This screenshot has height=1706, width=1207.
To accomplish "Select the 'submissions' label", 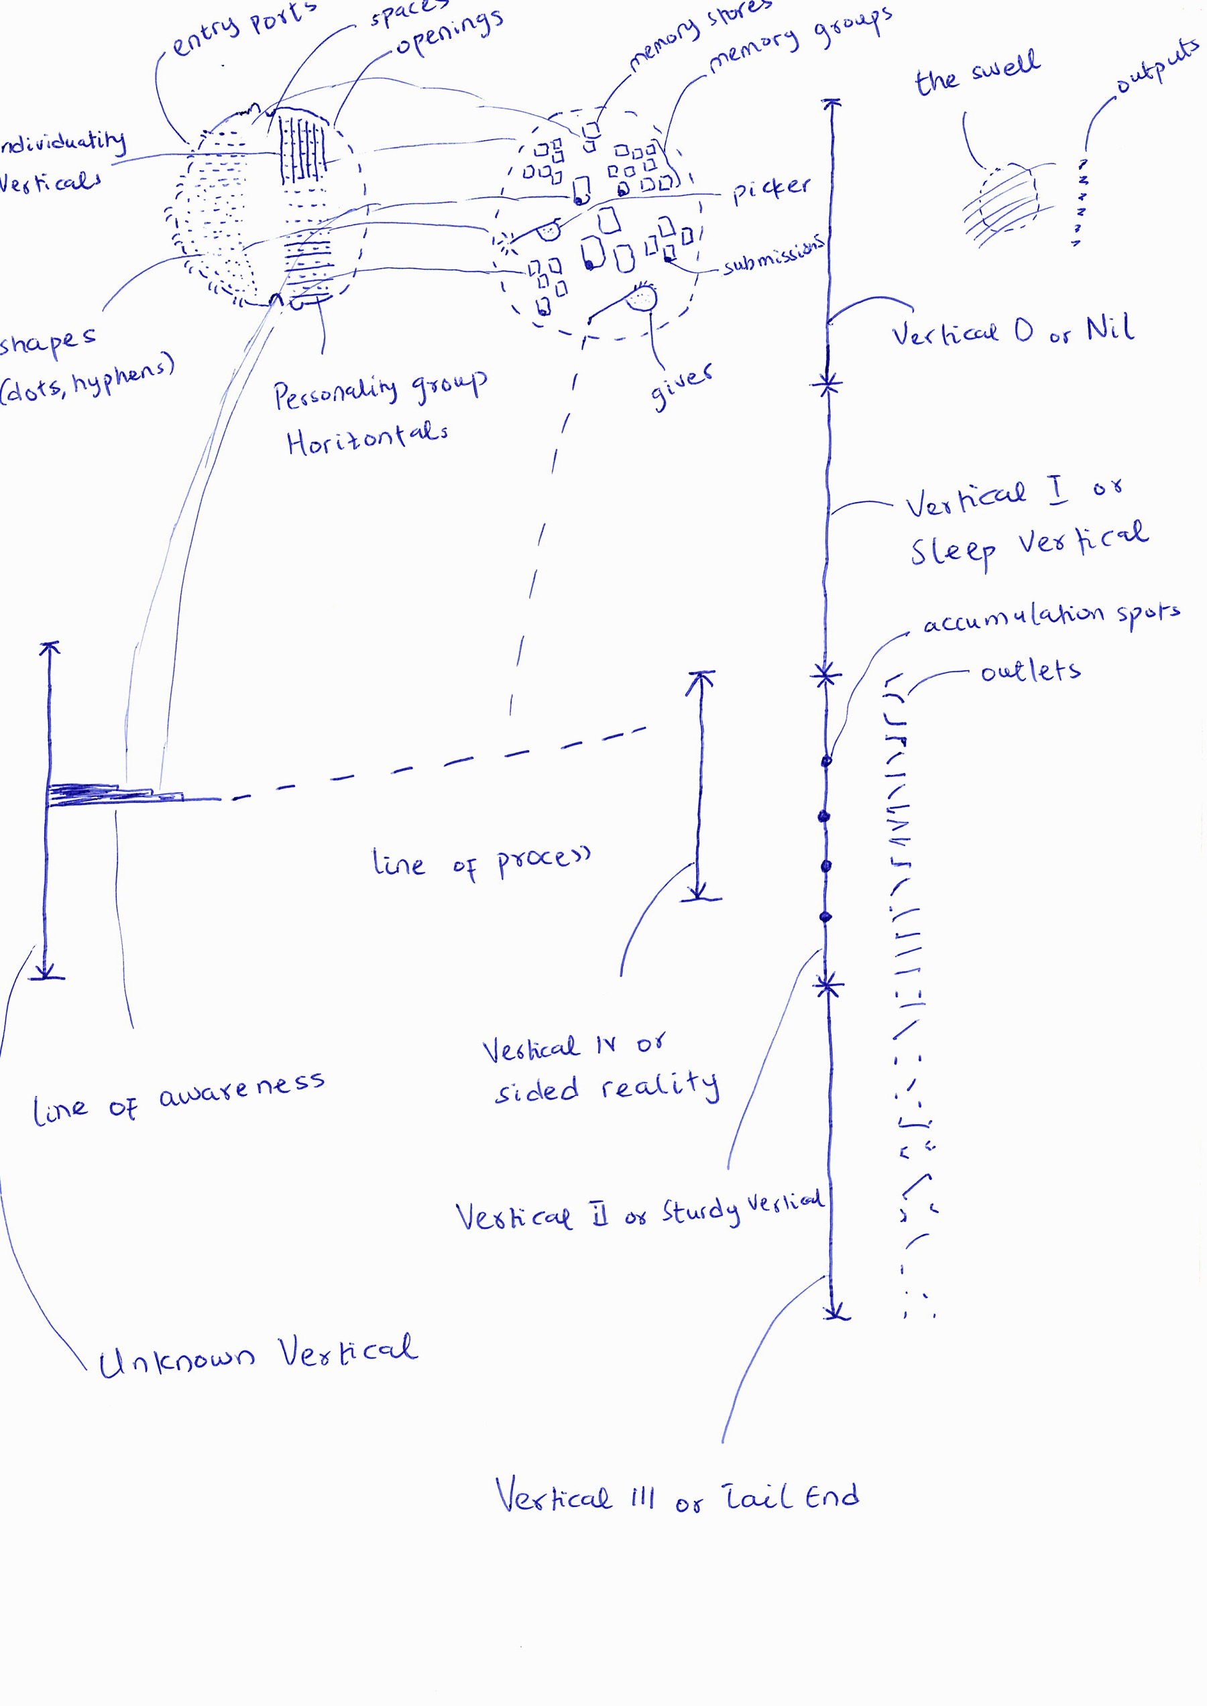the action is click(774, 255).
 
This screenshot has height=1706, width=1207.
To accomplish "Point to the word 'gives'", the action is click(681, 385).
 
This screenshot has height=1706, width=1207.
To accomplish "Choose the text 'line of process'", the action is click(481, 862).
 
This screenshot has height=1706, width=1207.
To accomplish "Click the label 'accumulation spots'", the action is click(1051, 617).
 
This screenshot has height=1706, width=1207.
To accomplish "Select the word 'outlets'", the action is click(1030, 672).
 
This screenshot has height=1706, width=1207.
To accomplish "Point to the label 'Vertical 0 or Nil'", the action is click(1013, 330).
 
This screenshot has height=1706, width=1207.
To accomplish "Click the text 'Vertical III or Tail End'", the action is click(677, 1498).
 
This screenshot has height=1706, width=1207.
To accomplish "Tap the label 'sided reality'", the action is click(606, 1089).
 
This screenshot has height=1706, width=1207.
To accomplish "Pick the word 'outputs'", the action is click(1157, 67).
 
